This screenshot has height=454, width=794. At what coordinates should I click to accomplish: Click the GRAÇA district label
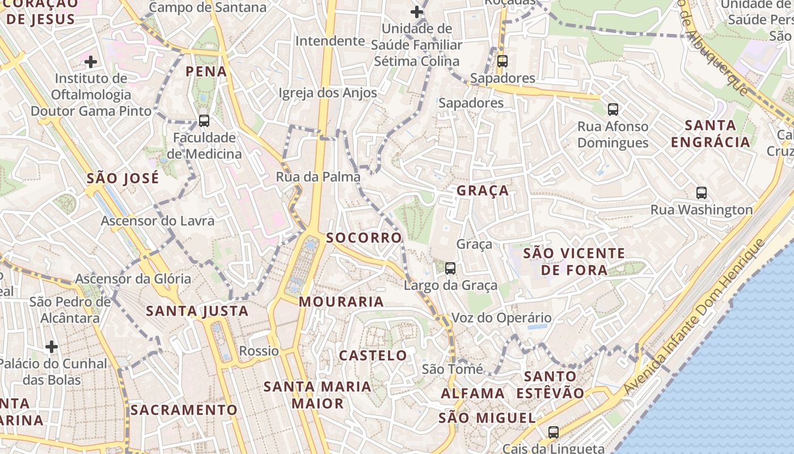(483, 191)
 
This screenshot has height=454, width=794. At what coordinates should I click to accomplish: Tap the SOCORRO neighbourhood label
(364, 237)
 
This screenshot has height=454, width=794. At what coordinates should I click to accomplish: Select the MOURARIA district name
(341, 301)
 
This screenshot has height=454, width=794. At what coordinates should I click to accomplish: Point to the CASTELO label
(373, 356)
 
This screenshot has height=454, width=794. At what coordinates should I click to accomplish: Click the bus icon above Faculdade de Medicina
(204, 120)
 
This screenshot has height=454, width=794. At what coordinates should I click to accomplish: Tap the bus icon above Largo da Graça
(450, 268)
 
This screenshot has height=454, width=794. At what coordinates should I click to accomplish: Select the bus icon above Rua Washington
(702, 193)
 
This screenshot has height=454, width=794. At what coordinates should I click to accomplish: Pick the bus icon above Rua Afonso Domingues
(613, 109)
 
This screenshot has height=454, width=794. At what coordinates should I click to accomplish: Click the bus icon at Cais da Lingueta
(554, 432)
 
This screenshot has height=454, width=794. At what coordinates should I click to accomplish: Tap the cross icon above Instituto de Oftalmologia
(91, 61)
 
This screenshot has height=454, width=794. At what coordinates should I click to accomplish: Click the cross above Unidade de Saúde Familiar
(417, 11)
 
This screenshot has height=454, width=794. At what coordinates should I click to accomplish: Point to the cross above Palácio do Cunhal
(52, 346)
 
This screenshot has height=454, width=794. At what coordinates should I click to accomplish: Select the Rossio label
(259, 351)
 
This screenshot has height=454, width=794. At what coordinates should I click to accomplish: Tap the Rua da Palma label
(318, 176)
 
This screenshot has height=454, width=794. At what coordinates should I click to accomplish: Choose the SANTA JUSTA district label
(197, 311)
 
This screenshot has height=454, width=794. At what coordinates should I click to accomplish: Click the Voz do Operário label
(501, 318)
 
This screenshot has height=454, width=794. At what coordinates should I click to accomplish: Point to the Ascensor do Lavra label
(158, 220)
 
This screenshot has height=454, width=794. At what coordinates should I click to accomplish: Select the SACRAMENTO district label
(184, 410)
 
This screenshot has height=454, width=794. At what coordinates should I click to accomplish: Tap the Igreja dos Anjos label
(328, 93)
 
